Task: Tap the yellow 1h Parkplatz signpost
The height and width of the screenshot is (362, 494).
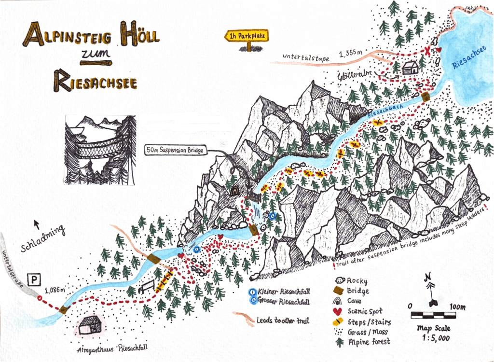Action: [247, 36]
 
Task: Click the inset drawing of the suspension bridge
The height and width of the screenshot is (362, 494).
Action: [100, 150]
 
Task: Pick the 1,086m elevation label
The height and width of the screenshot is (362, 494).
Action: [54, 290]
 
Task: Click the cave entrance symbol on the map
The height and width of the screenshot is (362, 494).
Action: [235, 191]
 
